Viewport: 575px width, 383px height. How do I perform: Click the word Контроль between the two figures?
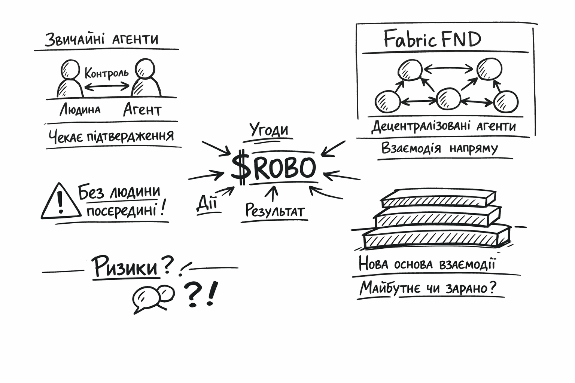pos(106,73)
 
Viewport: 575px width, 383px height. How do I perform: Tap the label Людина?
pos(80,110)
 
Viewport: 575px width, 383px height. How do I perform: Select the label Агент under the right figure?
pos(142,110)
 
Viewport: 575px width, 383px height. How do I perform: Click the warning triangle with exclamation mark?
pos(60,202)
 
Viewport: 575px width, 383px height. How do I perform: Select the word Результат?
pos(274,211)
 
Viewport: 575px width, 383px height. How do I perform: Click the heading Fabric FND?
pos(432,39)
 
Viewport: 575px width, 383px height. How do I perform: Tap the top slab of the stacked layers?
pos(438,199)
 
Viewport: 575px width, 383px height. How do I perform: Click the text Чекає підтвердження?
pos(111,136)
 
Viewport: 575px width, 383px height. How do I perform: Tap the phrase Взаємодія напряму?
pos(439,148)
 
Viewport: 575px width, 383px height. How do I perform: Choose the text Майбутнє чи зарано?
pos(428,288)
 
